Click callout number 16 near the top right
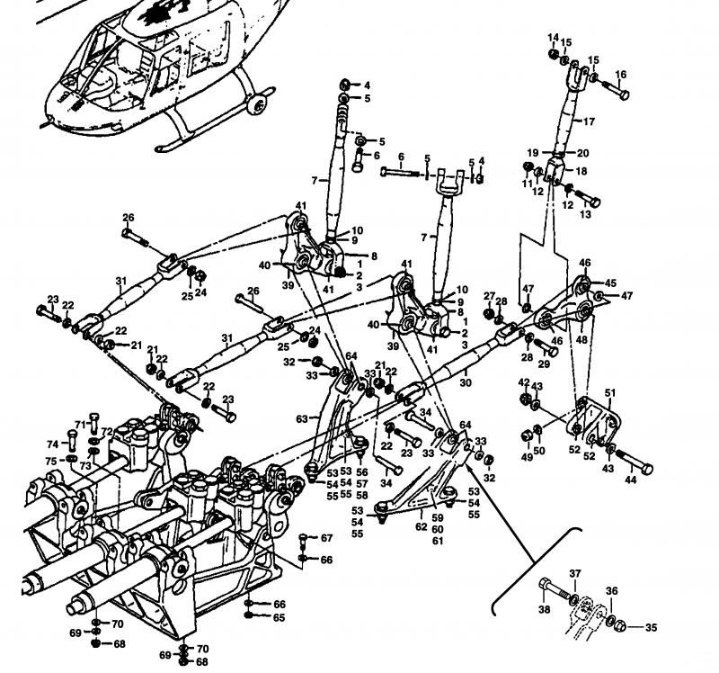pyautogui.click(x=621, y=75)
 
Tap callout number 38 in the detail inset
pyautogui.click(x=543, y=610)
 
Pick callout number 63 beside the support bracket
pyautogui.click(x=302, y=417)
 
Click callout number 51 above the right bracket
pyautogui.click(x=610, y=392)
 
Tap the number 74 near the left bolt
pyautogui.click(x=51, y=444)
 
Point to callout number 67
pyautogui.click(x=327, y=538)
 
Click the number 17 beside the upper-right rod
pyautogui.click(x=590, y=121)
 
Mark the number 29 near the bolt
pyautogui.click(x=543, y=364)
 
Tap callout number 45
pyautogui.click(x=609, y=282)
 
